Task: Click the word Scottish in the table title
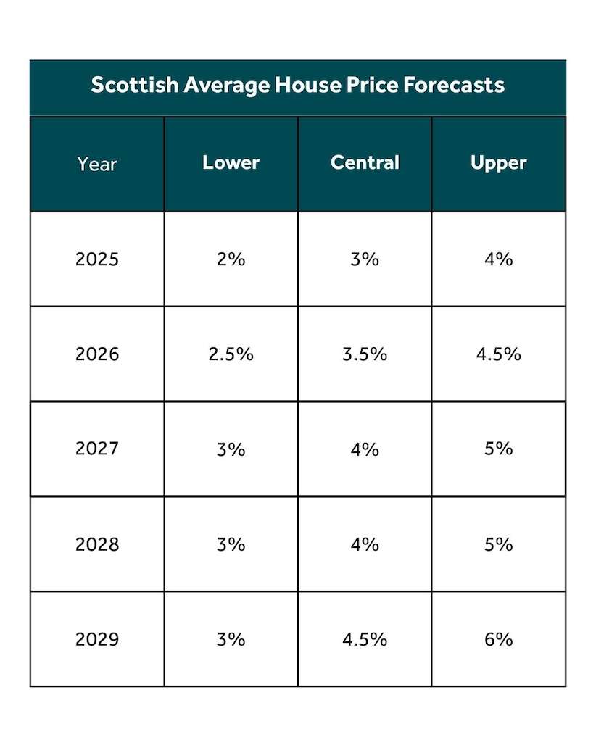[134, 85]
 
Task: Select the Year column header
[97, 164]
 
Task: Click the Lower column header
[231, 162]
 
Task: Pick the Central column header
[365, 162]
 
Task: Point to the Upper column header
[498, 163]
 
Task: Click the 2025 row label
[97, 259]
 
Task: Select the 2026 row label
[97, 354]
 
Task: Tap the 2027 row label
[97, 449]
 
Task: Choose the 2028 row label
[97, 544]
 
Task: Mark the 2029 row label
[97, 639]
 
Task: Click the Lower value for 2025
[231, 259]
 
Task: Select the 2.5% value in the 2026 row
[231, 354]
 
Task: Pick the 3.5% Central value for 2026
[365, 354]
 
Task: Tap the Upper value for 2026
[498, 354]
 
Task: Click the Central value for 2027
[365, 449]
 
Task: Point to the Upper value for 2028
[498, 544]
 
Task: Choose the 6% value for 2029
[498, 639]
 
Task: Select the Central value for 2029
[365, 639]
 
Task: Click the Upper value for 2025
[498, 259]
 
